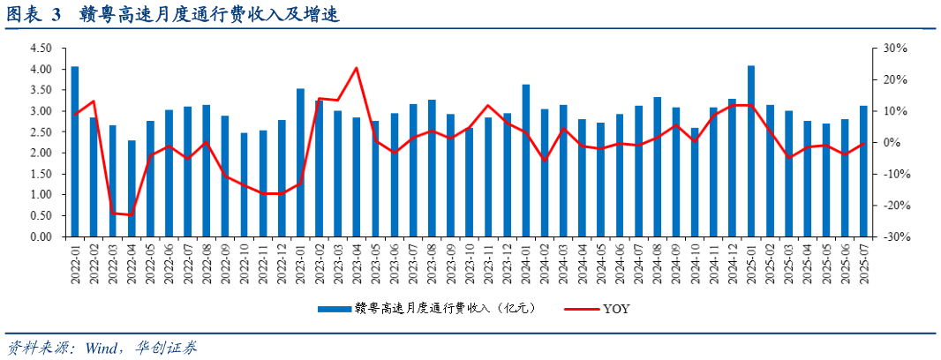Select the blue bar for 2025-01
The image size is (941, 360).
coord(751,151)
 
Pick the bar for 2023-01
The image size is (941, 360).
coord(300,162)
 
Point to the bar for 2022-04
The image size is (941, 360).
coord(132,189)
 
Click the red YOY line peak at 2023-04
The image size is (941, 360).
coord(357,68)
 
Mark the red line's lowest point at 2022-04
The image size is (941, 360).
coord(132,215)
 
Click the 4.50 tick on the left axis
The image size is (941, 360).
coord(41,49)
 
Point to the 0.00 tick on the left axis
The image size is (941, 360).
coord(41,237)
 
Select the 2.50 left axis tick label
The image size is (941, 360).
coord(41,132)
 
